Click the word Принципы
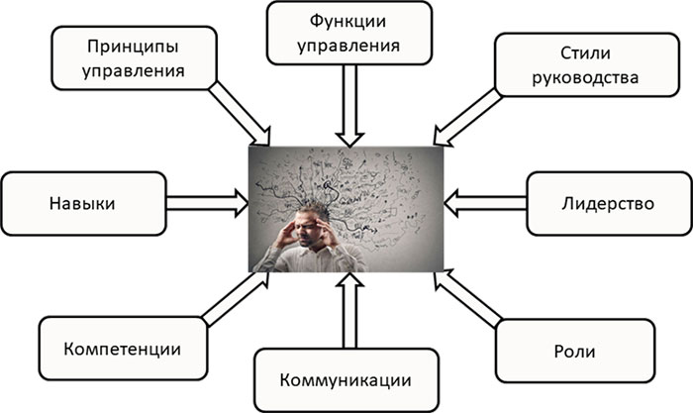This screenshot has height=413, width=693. coord(133,47)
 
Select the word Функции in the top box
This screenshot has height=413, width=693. coord(347,22)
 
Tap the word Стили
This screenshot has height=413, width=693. coord(586,53)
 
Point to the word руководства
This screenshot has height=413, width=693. coord(586,77)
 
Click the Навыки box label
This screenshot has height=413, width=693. coord(82,203)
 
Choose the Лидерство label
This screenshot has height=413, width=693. coord(608,203)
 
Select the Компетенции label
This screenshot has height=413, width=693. coord(123,350)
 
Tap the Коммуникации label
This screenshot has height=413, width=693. coord(346,380)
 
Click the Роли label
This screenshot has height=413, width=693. coord(574,352)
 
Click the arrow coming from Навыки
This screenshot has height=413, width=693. coord(207,203)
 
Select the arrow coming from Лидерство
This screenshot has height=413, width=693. coord(485,203)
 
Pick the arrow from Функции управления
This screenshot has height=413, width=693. coord(349,105)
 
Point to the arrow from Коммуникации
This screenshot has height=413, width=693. coord(349,310)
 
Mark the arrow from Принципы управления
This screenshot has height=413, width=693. coord(239,113)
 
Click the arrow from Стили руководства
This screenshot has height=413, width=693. coord(467,117)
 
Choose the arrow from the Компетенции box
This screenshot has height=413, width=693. coord(236,299)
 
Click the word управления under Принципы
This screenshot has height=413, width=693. coord(133,71)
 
